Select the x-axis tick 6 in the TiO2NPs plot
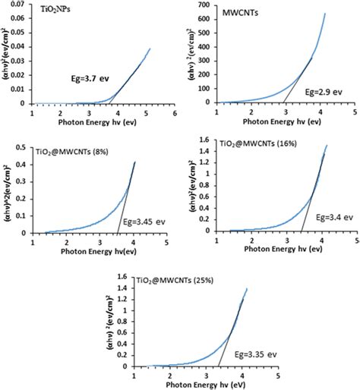174,112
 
